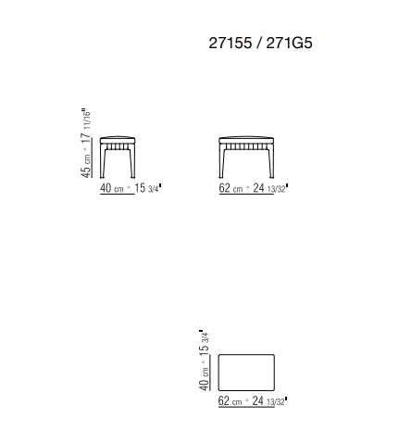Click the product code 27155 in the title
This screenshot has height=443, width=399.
pyautogui.click(x=231, y=43)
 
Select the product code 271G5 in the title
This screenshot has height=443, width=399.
pyautogui.click(x=289, y=43)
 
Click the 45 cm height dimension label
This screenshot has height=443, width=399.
pyautogui.click(x=86, y=166)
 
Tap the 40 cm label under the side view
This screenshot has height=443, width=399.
pyautogui.click(x=112, y=188)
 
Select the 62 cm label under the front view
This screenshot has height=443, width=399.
pyautogui.click(x=231, y=188)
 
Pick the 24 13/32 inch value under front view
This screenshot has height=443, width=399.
pyautogui.click(x=270, y=188)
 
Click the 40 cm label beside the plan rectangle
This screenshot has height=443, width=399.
pyautogui.click(x=205, y=379)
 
